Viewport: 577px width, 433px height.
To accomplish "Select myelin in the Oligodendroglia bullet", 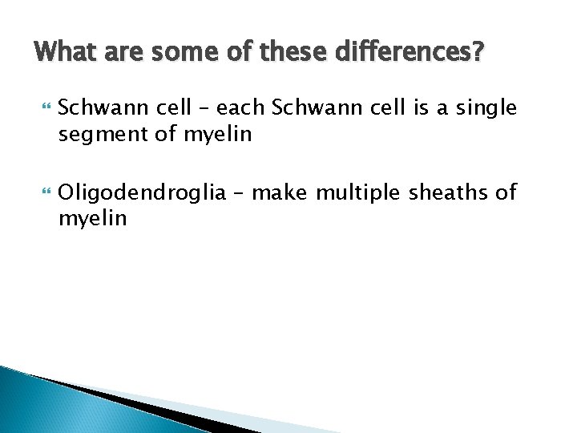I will tap(92, 219).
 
